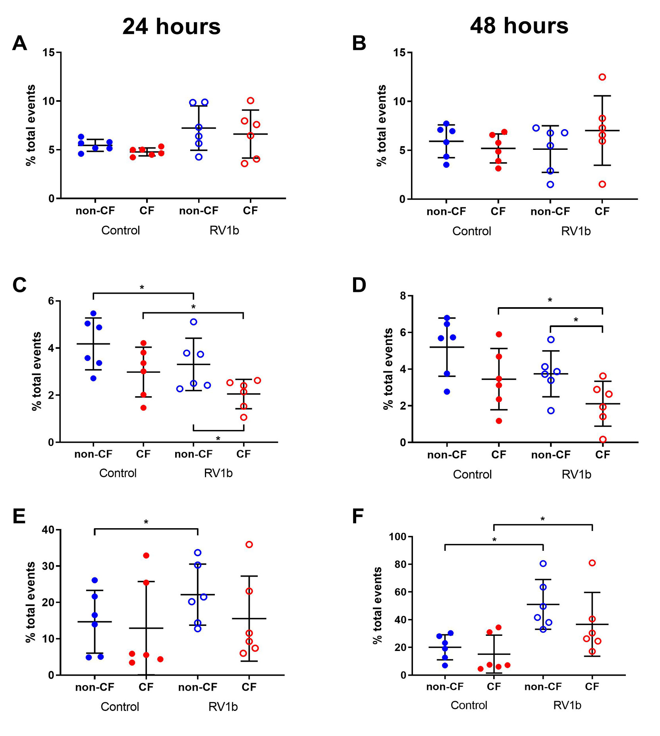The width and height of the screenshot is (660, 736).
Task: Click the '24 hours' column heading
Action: (x=171, y=27)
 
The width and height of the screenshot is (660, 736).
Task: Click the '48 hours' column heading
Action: (x=519, y=26)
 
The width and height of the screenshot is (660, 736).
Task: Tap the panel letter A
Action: (x=19, y=43)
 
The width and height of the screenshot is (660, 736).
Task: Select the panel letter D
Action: (x=359, y=285)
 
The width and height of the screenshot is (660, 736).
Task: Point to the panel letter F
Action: (x=358, y=517)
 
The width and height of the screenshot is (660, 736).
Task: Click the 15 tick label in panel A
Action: (x=49, y=52)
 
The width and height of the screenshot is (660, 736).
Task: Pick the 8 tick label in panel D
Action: (x=403, y=296)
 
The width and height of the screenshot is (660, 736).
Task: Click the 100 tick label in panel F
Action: (x=398, y=537)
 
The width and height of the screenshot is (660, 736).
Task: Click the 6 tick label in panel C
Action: (x=51, y=301)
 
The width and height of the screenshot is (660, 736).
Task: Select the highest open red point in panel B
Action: (x=602, y=77)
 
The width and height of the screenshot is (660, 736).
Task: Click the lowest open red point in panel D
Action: (x=603, y=439)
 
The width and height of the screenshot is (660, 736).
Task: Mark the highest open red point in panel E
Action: (x=249, y=544)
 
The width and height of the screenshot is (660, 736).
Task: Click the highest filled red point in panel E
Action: (x=146, y=555)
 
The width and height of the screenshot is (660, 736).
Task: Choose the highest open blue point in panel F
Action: (x=543, y=564)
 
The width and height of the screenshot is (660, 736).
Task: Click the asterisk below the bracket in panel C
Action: (x=218, y=439)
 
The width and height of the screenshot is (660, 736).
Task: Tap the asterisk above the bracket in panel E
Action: (x=146, y=522)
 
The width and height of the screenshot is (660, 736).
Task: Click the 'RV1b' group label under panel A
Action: (x=224, y=230)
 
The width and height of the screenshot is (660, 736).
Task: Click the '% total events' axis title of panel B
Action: (x=381, y=125)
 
